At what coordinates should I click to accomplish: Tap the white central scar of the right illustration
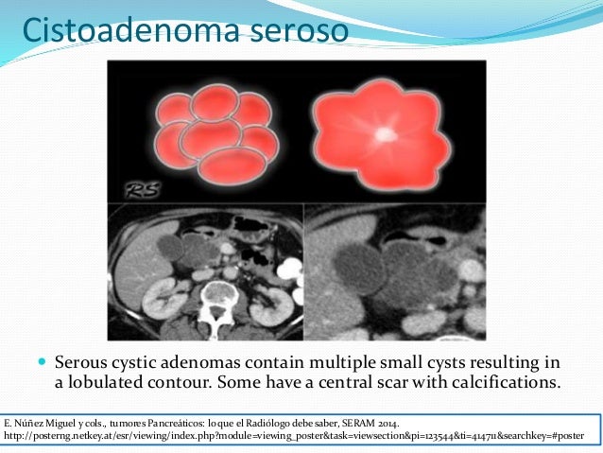coord(385,134)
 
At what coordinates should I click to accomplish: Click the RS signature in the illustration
coord(143,190)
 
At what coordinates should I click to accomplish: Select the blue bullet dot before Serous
coord(43,362)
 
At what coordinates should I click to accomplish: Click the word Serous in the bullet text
coord(80,362)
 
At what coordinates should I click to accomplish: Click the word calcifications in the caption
coord(506,382)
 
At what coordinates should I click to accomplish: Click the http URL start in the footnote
coord(15,436)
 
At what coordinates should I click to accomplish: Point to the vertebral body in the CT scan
coord(218,291)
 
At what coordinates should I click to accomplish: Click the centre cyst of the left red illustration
coord(211,138)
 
